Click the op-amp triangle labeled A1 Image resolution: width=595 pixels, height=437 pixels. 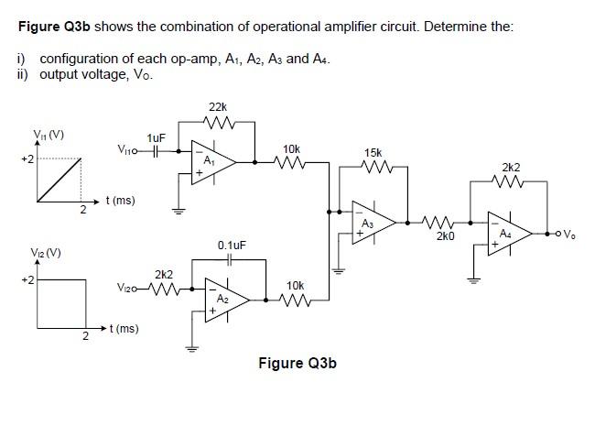pyautogui.click(x=211, y=159)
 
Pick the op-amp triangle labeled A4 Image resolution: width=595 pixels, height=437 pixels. pyautogui.click(x=507, y=235)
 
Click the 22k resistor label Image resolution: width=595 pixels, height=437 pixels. pyautogui.click(x=219, y=106)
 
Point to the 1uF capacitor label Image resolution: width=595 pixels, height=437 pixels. pyautogui.click(x=156, y=137)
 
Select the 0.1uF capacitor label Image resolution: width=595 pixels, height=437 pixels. pyautogui.click(x=232, y=246)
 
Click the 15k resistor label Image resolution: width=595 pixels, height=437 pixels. pyautogui.click(x=373, y=152)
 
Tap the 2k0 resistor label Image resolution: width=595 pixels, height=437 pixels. pyautogui.click(x=445, y=236)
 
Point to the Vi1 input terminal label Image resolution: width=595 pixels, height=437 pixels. pyautogui.click(x=126, y=150)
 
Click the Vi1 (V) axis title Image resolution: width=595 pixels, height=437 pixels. pyautogui.click(x=48, y=136)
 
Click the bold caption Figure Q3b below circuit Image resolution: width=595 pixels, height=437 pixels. pyautogui.click(x=297, y=364)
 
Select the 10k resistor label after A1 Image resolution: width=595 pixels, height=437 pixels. pyautogui.click(x=291, y=148)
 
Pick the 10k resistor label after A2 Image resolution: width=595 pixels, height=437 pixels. pyautogui.click(x=295, y=286)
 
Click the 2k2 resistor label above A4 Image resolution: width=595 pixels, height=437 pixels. pyautogui.click(x=511, y=168)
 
